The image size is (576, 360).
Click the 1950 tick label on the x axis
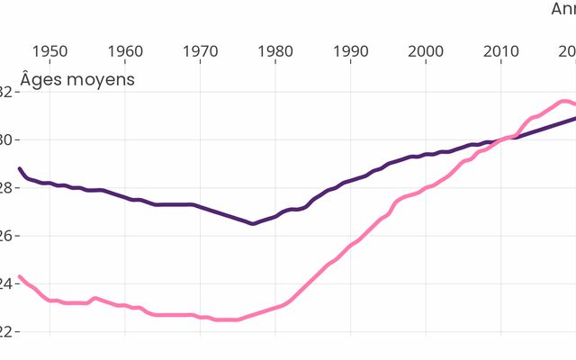[x=50, y=50]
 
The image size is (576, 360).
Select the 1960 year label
[x=126, y=50]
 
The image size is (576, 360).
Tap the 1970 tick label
[x=201, y=50]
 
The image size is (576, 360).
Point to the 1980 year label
[x=275, y=50]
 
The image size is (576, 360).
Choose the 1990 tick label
[x=351, y=50]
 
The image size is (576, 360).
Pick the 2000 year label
[x=426, y=50]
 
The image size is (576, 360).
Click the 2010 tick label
[x=500, y=50]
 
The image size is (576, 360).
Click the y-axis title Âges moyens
[x=77, y=79]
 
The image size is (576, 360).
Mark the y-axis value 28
[x=5, y=188]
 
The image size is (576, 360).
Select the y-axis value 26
[x=5, y=236]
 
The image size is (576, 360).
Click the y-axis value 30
[x=5, y=139]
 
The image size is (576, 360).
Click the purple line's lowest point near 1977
[x=253, y=223]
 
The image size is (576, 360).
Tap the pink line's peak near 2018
[x=563, y=101]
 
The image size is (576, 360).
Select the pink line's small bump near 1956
[x=95, y=298]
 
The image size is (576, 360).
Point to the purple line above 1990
[x=351, y=180]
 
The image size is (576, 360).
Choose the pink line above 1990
[x=351, y=245]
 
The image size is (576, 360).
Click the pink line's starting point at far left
[x=20, y=276]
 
